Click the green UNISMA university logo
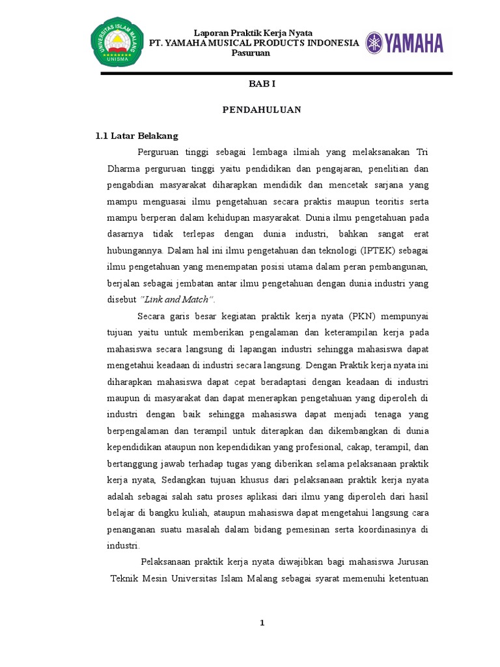point(117,42)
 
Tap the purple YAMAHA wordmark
point(404,44)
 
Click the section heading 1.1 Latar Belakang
point(137,136)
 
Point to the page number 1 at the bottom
point(262,623)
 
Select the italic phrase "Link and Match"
point(178,300)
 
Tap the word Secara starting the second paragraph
point(153,317)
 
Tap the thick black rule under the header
point(276,74)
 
